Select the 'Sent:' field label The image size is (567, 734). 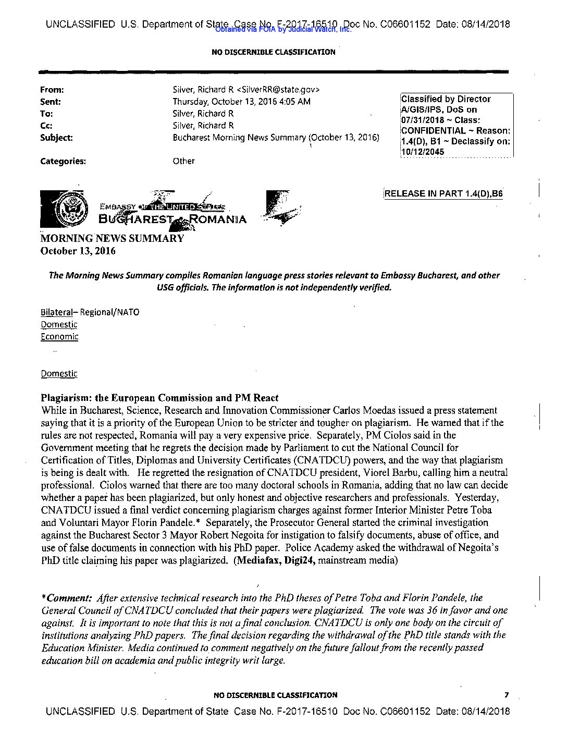pos(51,102)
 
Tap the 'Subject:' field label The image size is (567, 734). pos(56,138)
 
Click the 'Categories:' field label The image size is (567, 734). pos(63,161)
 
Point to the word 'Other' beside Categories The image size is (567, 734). pos(183,161)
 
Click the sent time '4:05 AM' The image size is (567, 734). pos(288,102)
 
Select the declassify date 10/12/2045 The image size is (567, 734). pos(423,152)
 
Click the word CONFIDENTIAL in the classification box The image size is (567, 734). pos(433,131)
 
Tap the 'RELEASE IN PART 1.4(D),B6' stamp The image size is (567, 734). pos(443,194)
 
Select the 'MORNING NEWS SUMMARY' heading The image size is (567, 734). pos(112,239)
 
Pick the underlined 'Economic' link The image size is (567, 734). pos(59,336)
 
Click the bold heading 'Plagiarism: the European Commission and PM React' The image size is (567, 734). pos(160,398)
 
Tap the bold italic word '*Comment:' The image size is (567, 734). pos(67,598)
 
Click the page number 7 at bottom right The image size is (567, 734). pos(506,695)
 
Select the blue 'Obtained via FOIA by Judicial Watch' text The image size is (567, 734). pos(283,30)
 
